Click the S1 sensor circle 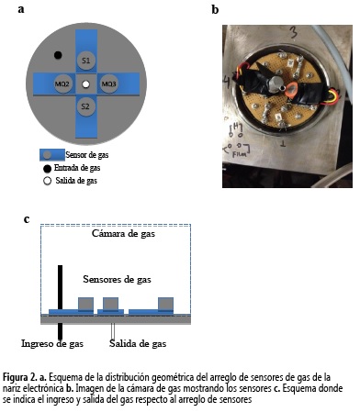(86, 61)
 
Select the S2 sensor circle (85, 106)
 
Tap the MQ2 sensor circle (63, 84)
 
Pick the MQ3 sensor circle (108, 84)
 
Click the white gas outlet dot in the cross (86, 84)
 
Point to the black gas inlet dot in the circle (58, 55)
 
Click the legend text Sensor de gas (87, 155)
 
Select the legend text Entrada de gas (77, 168)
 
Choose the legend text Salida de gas (76, 181)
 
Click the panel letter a (21, 9)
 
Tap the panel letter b (215, 9)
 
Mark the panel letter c (27, 219)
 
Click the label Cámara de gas (123, 234)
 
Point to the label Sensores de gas (117, 279)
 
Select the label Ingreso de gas (52, 343)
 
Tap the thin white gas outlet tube (113, 331)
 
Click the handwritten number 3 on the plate (293, 32)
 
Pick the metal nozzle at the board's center (275, 84)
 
